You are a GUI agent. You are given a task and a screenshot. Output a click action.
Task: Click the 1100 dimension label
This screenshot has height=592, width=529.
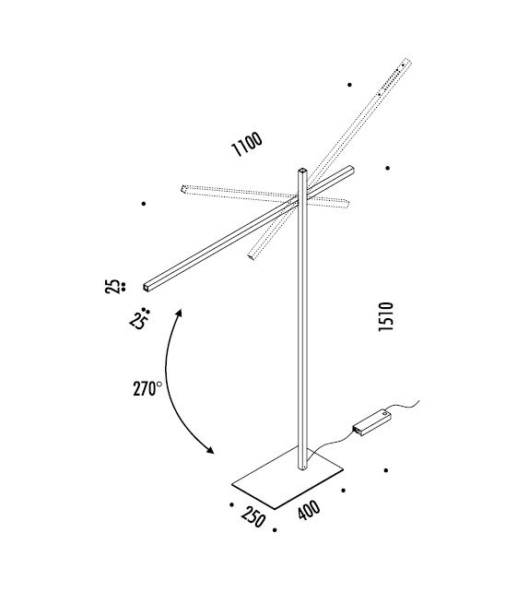247,145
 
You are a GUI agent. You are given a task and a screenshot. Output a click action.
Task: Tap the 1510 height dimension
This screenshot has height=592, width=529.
386,319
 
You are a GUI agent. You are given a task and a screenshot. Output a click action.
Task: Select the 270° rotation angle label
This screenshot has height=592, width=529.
147,388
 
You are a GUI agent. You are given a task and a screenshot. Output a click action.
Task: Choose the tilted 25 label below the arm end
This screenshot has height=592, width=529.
139,321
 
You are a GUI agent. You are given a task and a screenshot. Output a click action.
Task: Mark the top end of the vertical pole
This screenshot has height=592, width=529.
301,172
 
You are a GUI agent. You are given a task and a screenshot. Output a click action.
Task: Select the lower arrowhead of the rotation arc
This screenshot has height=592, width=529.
211,451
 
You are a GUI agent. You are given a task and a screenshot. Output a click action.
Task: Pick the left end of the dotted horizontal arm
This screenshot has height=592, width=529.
184,189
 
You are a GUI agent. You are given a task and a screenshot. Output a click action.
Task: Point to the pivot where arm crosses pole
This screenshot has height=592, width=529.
301,198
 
